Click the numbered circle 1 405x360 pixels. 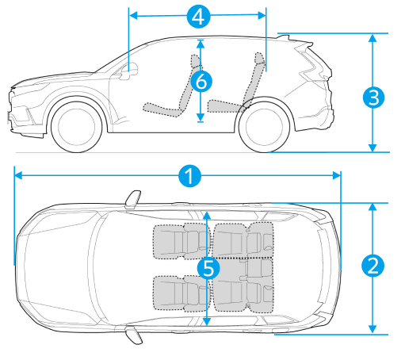[189, 176]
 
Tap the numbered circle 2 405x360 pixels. [373, 266]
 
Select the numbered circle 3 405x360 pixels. [373, 98]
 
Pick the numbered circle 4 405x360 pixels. [198, 16]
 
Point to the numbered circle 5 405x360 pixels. [208, 268]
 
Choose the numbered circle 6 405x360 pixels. [201, 81]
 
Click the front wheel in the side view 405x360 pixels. [77, 125]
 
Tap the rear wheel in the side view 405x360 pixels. [265, 125]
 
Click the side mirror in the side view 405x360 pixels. [128, 71]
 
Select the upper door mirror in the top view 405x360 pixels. [133, 198]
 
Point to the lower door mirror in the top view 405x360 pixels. [134, 335]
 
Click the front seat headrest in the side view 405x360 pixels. [195, 61]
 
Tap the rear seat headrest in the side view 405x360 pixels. [259, 58]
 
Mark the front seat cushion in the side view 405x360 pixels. [162, 109]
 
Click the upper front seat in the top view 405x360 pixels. [181, 241]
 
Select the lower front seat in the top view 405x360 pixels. [181, 293]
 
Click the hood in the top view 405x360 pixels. [57, 267]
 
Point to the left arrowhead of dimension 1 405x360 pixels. [18, 176]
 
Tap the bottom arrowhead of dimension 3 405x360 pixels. [373, 147]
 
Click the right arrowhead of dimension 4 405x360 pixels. [262, 16]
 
